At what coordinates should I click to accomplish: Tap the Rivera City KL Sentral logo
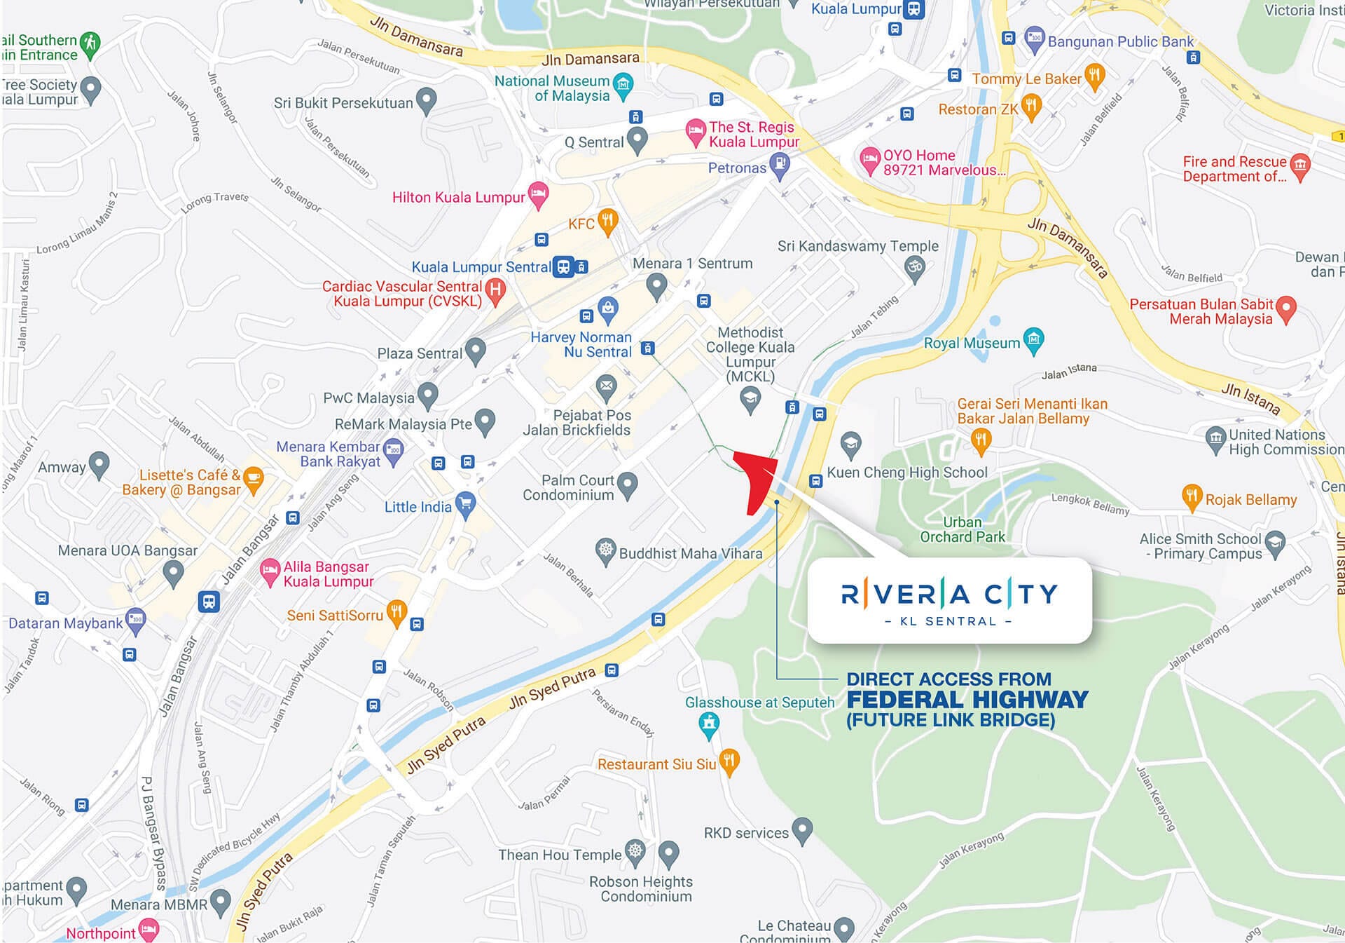[949, 601]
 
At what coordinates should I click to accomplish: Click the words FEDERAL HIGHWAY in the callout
[967, 700]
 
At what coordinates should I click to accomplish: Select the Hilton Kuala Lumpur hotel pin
[538, 195]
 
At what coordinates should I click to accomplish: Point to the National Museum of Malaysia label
[552, 88]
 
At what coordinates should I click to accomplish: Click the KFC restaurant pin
[607, 222]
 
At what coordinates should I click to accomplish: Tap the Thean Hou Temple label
[559, 855]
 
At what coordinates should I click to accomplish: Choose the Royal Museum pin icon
[1033, 340]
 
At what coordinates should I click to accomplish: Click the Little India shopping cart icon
[465, 503]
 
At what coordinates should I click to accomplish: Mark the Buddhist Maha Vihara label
[690, 554]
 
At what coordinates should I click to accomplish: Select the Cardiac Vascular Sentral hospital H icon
[495, 290]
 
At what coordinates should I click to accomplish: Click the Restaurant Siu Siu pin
[729, 761]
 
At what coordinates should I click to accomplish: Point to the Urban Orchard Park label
[962, 530]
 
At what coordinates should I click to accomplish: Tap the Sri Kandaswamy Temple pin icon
[914, 268]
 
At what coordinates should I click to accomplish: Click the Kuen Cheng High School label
[907, 473]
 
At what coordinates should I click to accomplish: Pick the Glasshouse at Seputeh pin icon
[709, 724]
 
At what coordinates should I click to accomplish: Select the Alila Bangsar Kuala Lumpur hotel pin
[269, 571]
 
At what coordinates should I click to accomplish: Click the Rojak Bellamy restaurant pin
[1191, 496]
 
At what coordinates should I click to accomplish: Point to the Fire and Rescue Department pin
[1299, 166]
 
